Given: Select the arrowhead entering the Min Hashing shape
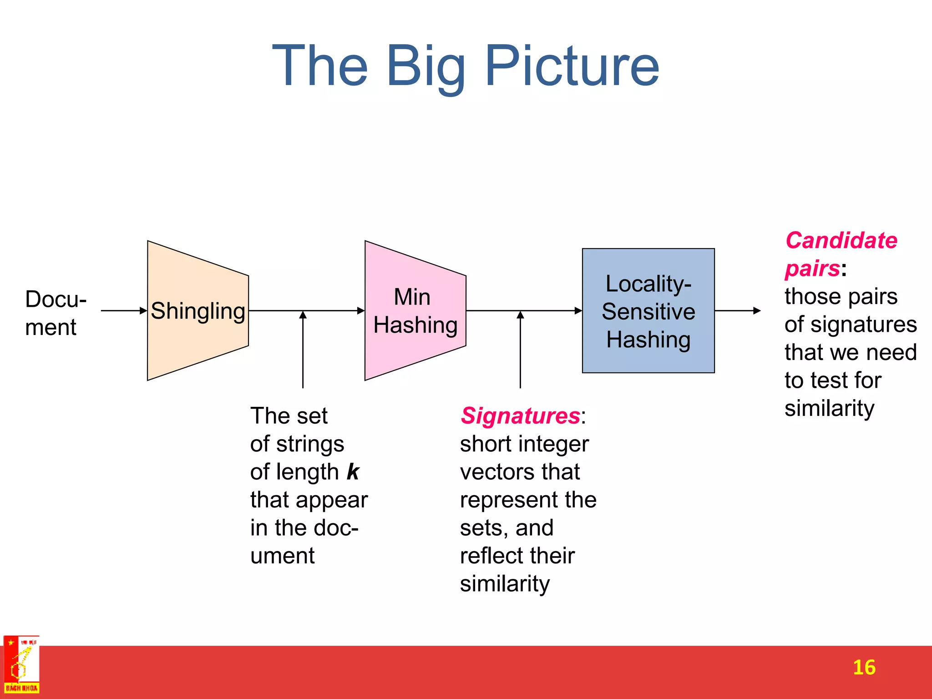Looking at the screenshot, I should point(360,311).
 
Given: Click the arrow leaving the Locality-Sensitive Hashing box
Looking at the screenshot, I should point(737,311).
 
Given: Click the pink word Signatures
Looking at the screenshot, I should point(520,415).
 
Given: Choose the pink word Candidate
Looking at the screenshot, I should point(841,240).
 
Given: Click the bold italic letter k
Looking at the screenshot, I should point(353,471).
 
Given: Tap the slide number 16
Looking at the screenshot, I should point(864,668).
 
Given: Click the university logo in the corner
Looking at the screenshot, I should point(21,665).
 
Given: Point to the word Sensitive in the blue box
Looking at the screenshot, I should point(648,312).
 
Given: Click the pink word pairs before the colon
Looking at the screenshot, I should point(812,268).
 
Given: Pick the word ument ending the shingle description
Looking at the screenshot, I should point(282,556).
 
